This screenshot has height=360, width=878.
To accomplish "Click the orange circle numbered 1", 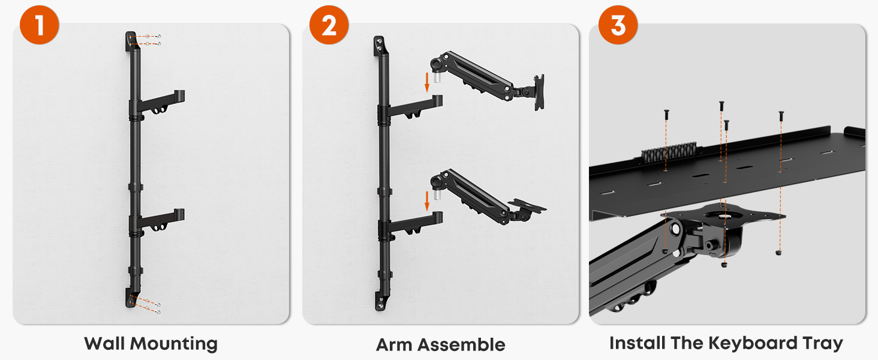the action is [39, 25].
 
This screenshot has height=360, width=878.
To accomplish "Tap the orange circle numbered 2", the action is [329, 25].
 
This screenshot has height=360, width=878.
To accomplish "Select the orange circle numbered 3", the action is [618, 25].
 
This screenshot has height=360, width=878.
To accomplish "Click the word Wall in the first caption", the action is [104, 343].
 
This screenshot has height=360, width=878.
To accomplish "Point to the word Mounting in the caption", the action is [174, 344].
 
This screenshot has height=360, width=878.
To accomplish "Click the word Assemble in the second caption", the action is [461, 345].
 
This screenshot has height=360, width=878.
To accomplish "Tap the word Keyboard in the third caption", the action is [753, 344].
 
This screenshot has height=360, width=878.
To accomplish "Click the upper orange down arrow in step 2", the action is [427, 82].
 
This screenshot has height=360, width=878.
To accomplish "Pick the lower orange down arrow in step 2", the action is [427, 201].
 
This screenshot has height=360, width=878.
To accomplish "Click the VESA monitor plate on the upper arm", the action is [539, 92].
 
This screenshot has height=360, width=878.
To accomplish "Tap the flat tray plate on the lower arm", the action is [527, 205].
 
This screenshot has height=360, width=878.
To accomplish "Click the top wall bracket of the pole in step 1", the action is [131, 41].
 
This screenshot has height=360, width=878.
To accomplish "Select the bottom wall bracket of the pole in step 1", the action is [131, 298].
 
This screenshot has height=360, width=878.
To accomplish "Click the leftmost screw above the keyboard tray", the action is [666, 115].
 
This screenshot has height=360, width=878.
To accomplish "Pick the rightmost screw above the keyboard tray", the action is [781, 116].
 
